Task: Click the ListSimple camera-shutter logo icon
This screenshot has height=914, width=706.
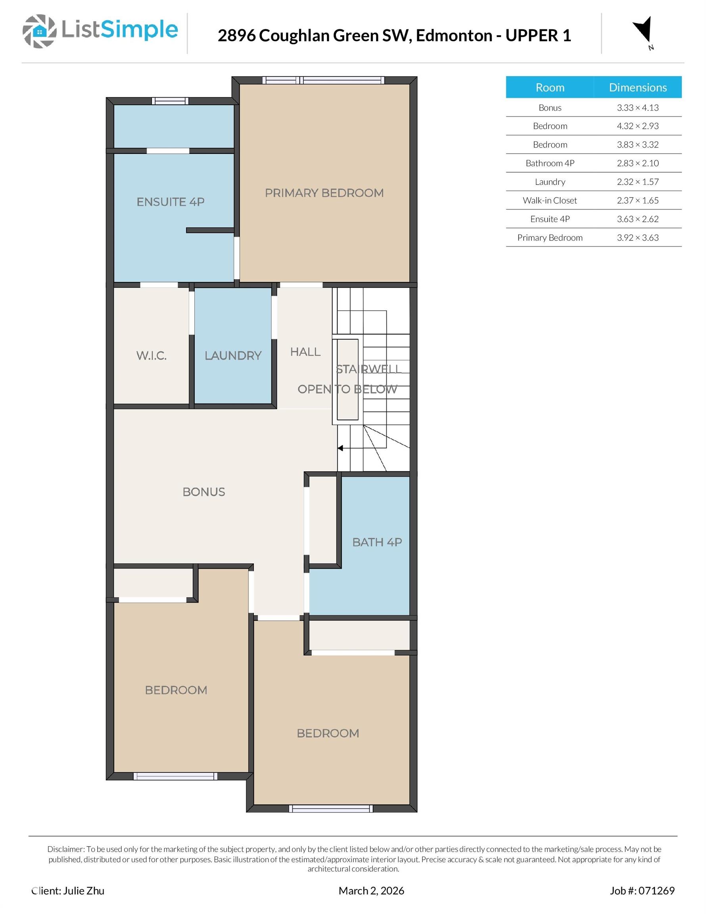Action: [39, 31]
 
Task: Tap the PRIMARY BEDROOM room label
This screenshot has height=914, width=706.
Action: [324, 193]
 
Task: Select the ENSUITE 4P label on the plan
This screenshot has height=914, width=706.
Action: [171, 202]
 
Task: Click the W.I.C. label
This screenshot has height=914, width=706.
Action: [152, 356]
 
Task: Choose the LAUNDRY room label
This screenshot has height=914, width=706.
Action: [233, 356]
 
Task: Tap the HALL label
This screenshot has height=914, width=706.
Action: [305, 352]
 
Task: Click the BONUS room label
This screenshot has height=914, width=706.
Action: [204, 492]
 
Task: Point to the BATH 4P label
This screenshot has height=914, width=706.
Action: [377, 542]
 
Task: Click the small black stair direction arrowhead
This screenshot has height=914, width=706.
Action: [340, 448]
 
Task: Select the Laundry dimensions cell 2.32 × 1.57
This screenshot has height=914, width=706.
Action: [638, 182]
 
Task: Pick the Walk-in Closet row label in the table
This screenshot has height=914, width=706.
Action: [550, 200]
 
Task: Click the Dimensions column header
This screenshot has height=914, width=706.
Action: [638, 87]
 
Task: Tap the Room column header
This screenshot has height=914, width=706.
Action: [550, 87]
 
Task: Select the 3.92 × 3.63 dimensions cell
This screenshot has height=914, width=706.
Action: [638, 238]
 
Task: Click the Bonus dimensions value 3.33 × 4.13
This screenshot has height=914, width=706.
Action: [638, 108]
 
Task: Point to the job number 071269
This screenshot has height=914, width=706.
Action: [656, 891]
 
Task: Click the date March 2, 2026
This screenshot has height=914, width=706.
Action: [371, 891]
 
